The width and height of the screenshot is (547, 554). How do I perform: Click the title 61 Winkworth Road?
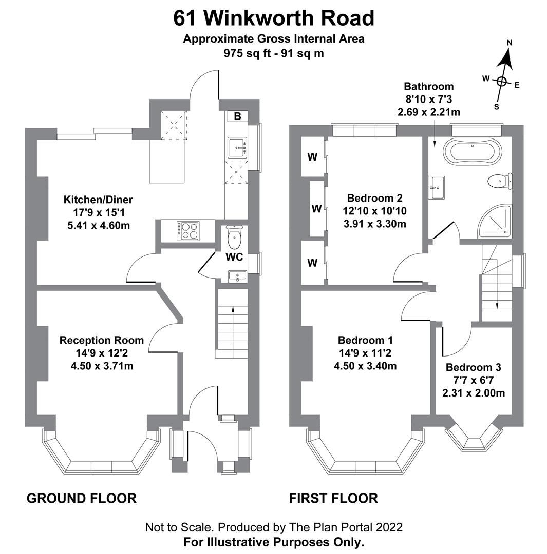point(273,18)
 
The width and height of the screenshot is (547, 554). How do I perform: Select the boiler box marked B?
point(237,116)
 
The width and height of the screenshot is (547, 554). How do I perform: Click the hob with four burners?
point(188,231)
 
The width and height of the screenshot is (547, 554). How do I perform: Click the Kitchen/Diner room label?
point(91,200)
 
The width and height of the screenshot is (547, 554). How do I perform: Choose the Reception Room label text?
point(101,340)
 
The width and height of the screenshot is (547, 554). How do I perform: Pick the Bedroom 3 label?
point(473,367)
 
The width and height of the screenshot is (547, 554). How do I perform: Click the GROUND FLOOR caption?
point(81,498)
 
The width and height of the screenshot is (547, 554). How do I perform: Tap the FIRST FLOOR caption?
point(333,498)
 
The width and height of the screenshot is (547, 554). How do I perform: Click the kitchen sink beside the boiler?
point(237,147)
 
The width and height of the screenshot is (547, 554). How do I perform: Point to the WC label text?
point(235,257)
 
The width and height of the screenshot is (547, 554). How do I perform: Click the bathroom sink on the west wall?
point(437,188)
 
